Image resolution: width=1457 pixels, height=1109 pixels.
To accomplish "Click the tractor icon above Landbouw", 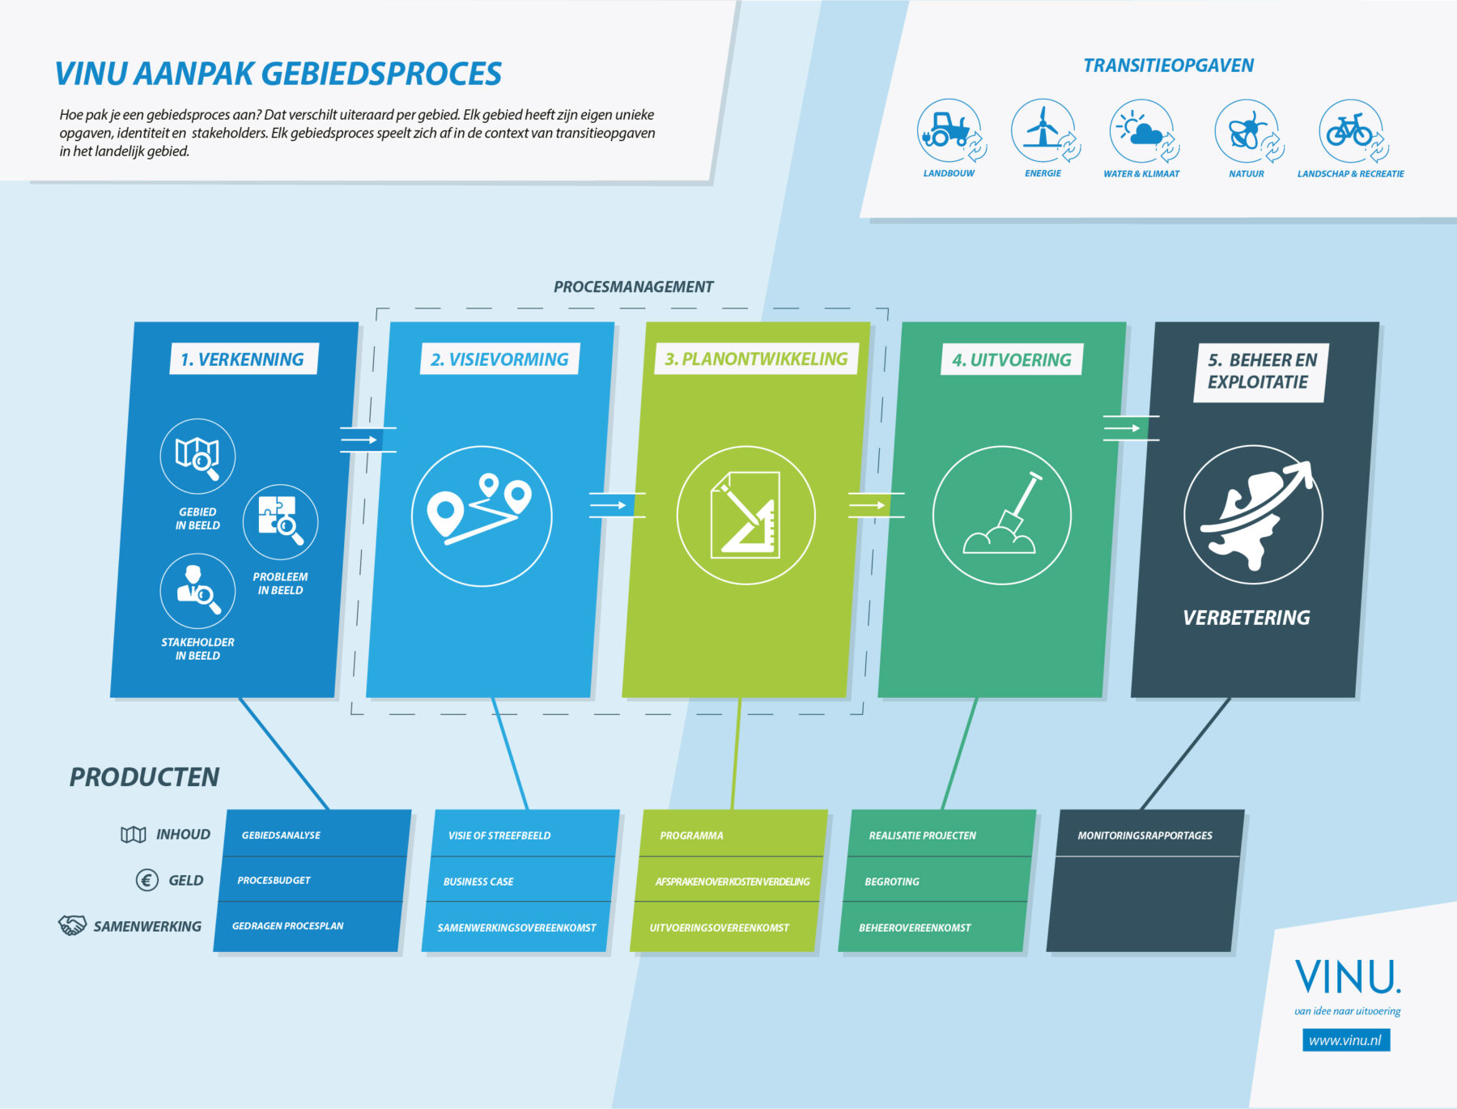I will click(x=948, y=130).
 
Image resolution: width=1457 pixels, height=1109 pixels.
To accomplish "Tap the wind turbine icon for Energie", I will click(x=1043, y=130).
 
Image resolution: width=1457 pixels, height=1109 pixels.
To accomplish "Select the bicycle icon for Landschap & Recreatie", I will click(x=1349, y=130).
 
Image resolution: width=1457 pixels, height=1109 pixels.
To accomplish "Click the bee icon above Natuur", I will click(x=1247, y=130).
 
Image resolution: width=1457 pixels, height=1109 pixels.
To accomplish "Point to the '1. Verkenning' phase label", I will click(x=243, y=359).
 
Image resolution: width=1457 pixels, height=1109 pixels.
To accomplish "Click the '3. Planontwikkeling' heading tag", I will click(x=756, y=359).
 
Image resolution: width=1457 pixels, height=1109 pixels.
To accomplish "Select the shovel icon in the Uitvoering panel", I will click(x=1002, y=516).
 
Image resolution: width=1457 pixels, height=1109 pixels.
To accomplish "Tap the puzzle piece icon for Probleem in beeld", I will click(x=280, y=521).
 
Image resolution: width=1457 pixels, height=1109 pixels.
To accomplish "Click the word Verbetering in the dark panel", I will click(x=1246, y=618).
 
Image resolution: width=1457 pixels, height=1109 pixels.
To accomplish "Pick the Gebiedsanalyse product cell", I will click(x=316, y=835).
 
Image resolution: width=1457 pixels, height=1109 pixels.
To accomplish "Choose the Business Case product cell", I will click(x=518, y=881).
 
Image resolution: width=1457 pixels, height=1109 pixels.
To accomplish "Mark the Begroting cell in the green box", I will click(x=935, y=881).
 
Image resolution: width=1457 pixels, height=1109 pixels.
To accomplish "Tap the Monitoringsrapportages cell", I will click(x=1145, y=835).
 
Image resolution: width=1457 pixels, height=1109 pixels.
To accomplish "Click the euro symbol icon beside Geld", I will click(x=147, y=880).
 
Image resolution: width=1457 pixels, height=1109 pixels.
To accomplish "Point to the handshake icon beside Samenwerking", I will click(x=72, y=925).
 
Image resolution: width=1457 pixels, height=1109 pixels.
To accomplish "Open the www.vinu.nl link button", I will click(x=1345, y=1040).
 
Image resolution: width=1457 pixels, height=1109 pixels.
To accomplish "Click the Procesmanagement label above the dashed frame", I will click(x=633, y=287).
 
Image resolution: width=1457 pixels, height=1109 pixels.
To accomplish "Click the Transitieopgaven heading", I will click(x=1168, y=66).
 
